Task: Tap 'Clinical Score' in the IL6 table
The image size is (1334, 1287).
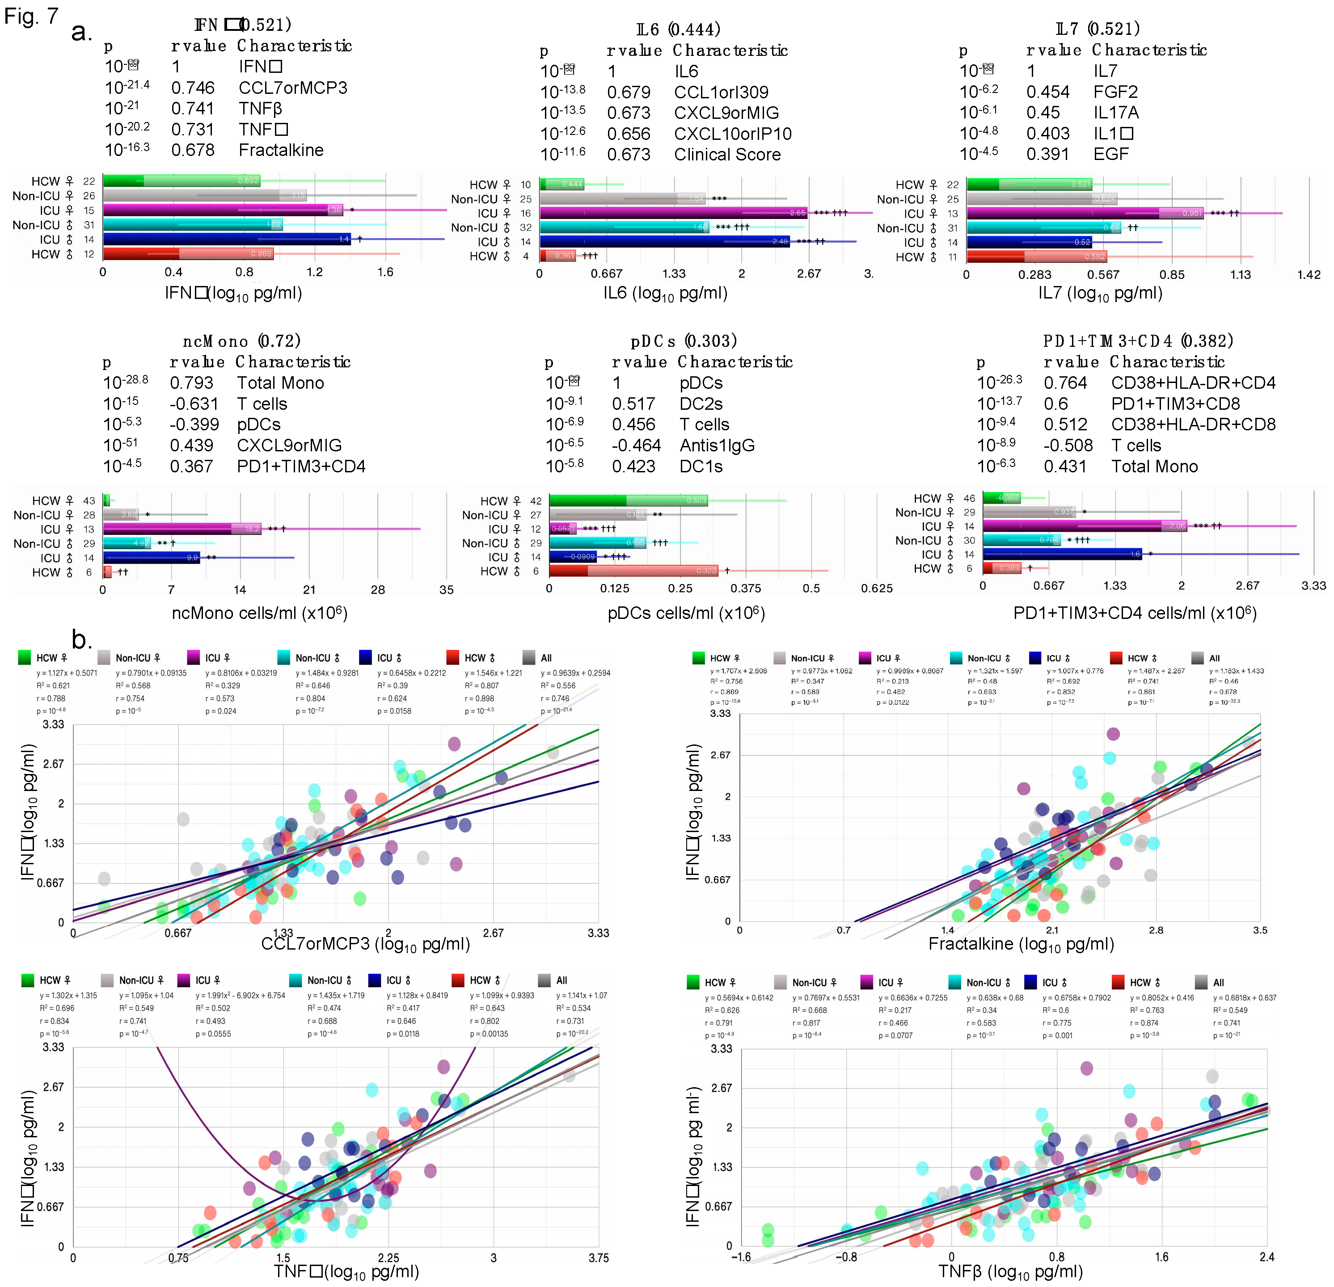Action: [727, 155]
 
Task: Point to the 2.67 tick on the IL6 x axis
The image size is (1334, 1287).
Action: [809, 273]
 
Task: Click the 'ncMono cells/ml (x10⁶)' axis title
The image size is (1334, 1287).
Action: [259, 613]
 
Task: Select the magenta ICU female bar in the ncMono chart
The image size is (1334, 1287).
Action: [181, 529]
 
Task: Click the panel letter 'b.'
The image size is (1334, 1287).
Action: [82, 639]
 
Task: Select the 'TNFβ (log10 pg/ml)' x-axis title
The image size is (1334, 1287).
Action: [1010, 1271]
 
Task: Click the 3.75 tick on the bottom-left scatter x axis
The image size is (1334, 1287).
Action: [598, 1258]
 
